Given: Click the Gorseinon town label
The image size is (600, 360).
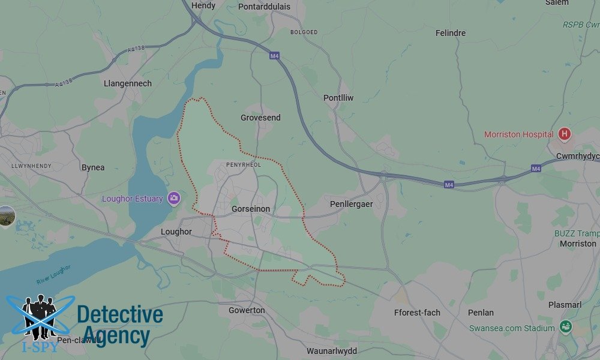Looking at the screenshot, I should (x=251, y=209).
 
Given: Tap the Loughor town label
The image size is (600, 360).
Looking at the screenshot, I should (x=176, y=232).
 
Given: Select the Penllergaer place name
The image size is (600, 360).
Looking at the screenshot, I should (x=351, y=205).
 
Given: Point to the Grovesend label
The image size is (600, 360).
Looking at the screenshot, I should (x=260, y=118).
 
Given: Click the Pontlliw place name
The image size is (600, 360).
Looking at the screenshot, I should (x=338, y=98).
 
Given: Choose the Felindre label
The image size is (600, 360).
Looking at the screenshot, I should (x=450, y=33).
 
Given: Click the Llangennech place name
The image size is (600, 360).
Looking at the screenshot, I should (x=128, y=83).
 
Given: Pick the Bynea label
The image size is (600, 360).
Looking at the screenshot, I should (x=93, y=167).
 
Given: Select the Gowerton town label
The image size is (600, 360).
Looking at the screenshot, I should (x=247, y=310).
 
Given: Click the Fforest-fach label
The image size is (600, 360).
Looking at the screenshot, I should (x=417, y=313).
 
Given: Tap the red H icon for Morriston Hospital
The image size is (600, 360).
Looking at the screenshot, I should (x=564, y=134).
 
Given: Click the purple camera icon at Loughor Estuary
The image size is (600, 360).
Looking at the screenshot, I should (x=174, y=198).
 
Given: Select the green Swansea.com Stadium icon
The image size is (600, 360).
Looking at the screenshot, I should (x=565, y=328).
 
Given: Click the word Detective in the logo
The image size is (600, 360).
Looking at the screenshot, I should (x=120, y=314).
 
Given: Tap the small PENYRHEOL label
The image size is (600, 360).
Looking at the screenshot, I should (x=243, y=164).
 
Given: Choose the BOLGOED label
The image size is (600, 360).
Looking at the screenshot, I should (x=304, y=32).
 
